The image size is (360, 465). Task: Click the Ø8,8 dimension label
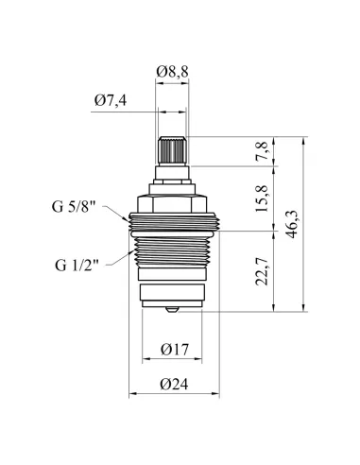pyautogui.click(x=172, y=72)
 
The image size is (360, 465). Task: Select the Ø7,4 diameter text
pyautogui.click(x=111, y=100)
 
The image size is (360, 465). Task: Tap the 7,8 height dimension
pyautogui.click(x=262, y=151)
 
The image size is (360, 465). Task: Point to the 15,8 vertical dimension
pyautogui.click(x=262, y=198)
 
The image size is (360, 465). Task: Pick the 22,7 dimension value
pyautogui.click(x=262, y=271)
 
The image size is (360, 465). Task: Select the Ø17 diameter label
pyautogui.click(x=175, y=350)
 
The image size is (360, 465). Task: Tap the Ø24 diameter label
pyautogui.click(x=174, y=384)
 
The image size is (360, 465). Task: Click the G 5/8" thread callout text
pyautogui.click(x=74, y=207)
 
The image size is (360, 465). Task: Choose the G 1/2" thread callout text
pyautogui.click(x=77, y=265)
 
